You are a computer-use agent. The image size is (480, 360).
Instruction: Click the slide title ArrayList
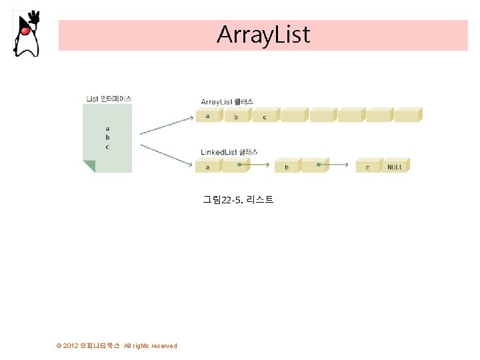coord(263,34)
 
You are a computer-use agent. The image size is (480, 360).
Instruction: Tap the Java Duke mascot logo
coord(26,33)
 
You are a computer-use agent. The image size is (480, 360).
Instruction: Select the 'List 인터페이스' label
coord(109,99)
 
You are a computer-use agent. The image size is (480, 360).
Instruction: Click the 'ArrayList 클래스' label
coord(227,101)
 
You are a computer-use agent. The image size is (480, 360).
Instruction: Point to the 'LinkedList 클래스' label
coord(229,152)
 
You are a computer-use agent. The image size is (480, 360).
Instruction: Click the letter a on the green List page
coord(107,129)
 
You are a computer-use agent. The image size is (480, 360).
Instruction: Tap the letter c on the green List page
coord(107,147)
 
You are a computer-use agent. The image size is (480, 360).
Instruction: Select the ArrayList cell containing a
coord(208,116)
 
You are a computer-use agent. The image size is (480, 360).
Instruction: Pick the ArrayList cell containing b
coord(236,116)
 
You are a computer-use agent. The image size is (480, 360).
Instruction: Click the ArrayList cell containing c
coord(265,116)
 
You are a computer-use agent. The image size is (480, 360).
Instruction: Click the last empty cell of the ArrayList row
coord(407,116)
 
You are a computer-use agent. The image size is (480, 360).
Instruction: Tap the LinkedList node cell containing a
coord(207,167)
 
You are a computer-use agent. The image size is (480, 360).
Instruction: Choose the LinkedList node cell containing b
coord(287,167)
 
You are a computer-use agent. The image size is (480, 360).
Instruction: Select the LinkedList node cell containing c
coord(367,167)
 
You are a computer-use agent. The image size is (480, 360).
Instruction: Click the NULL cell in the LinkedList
coord(395,167)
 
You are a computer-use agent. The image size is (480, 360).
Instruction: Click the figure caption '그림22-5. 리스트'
coord(238,199)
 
